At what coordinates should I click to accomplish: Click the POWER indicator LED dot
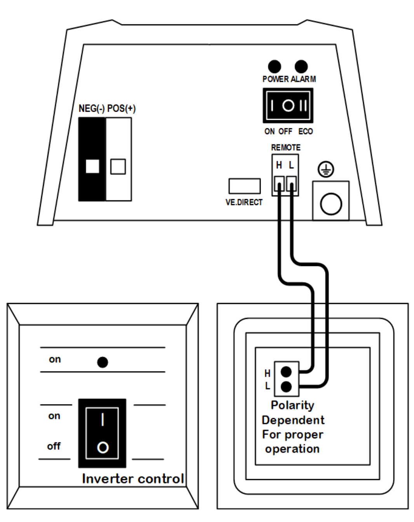click(275, 67)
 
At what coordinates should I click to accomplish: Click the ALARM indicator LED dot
click(301, 67)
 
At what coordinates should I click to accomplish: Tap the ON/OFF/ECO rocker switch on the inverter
click(288, 105)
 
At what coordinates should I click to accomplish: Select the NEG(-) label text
click(91, 109)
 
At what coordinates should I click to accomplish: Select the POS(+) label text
click(121, 109)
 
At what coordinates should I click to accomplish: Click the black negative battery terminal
click(92, 159)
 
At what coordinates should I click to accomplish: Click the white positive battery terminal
click(118, 159)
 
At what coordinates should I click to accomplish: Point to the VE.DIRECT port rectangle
click(245, 186)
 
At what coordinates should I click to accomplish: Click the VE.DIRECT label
click(244, 202)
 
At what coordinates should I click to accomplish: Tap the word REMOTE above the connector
click(286, 148)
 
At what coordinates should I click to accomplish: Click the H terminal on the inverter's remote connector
click(279, 183)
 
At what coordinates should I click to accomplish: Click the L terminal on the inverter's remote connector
click(291, 183)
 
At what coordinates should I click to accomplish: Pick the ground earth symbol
click(325, 169)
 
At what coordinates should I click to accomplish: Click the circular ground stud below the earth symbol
click(331, 204)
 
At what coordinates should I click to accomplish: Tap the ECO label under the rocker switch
click(306, 131)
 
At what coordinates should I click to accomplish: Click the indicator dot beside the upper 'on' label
click(103, 362)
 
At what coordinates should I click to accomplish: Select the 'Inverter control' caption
click(133, 479)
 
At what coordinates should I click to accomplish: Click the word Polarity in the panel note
click(292, 405)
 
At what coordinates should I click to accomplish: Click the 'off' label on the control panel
click(54, 446)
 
